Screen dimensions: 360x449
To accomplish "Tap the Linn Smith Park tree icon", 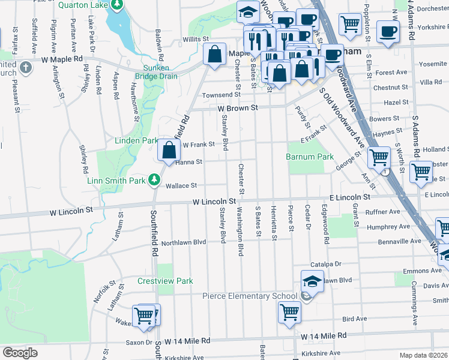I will [155, 179].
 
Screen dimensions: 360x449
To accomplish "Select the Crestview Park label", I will [165, 281].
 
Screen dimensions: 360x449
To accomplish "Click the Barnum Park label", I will [309, 157].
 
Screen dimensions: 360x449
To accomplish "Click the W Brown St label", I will [237, 108].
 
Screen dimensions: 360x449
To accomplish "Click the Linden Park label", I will [136, 141].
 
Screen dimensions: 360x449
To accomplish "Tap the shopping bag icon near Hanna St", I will [169, 150].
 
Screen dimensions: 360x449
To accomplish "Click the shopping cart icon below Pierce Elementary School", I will [289, 311].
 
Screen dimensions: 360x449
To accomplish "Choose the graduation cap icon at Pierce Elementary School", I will [313, 280].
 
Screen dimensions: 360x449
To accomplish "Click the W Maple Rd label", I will [62, 59].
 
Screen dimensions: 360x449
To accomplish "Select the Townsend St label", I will [221, 95].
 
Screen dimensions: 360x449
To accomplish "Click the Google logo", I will [20, 353].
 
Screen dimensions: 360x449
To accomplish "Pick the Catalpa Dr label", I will [325, 264].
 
